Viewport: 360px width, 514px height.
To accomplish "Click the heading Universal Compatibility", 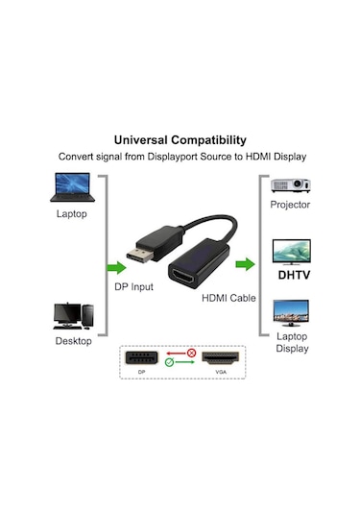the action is coord(180,139).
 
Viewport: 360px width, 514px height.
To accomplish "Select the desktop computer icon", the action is coord(73,315).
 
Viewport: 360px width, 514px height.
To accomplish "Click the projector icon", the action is coord(290,185).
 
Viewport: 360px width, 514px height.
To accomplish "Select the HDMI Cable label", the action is coord(228,299).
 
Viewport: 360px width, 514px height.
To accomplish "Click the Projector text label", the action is coord(290,205).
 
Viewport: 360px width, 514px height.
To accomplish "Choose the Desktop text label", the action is coord(73,340).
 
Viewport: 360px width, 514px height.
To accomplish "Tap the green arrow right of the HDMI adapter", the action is coord(247,263).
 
